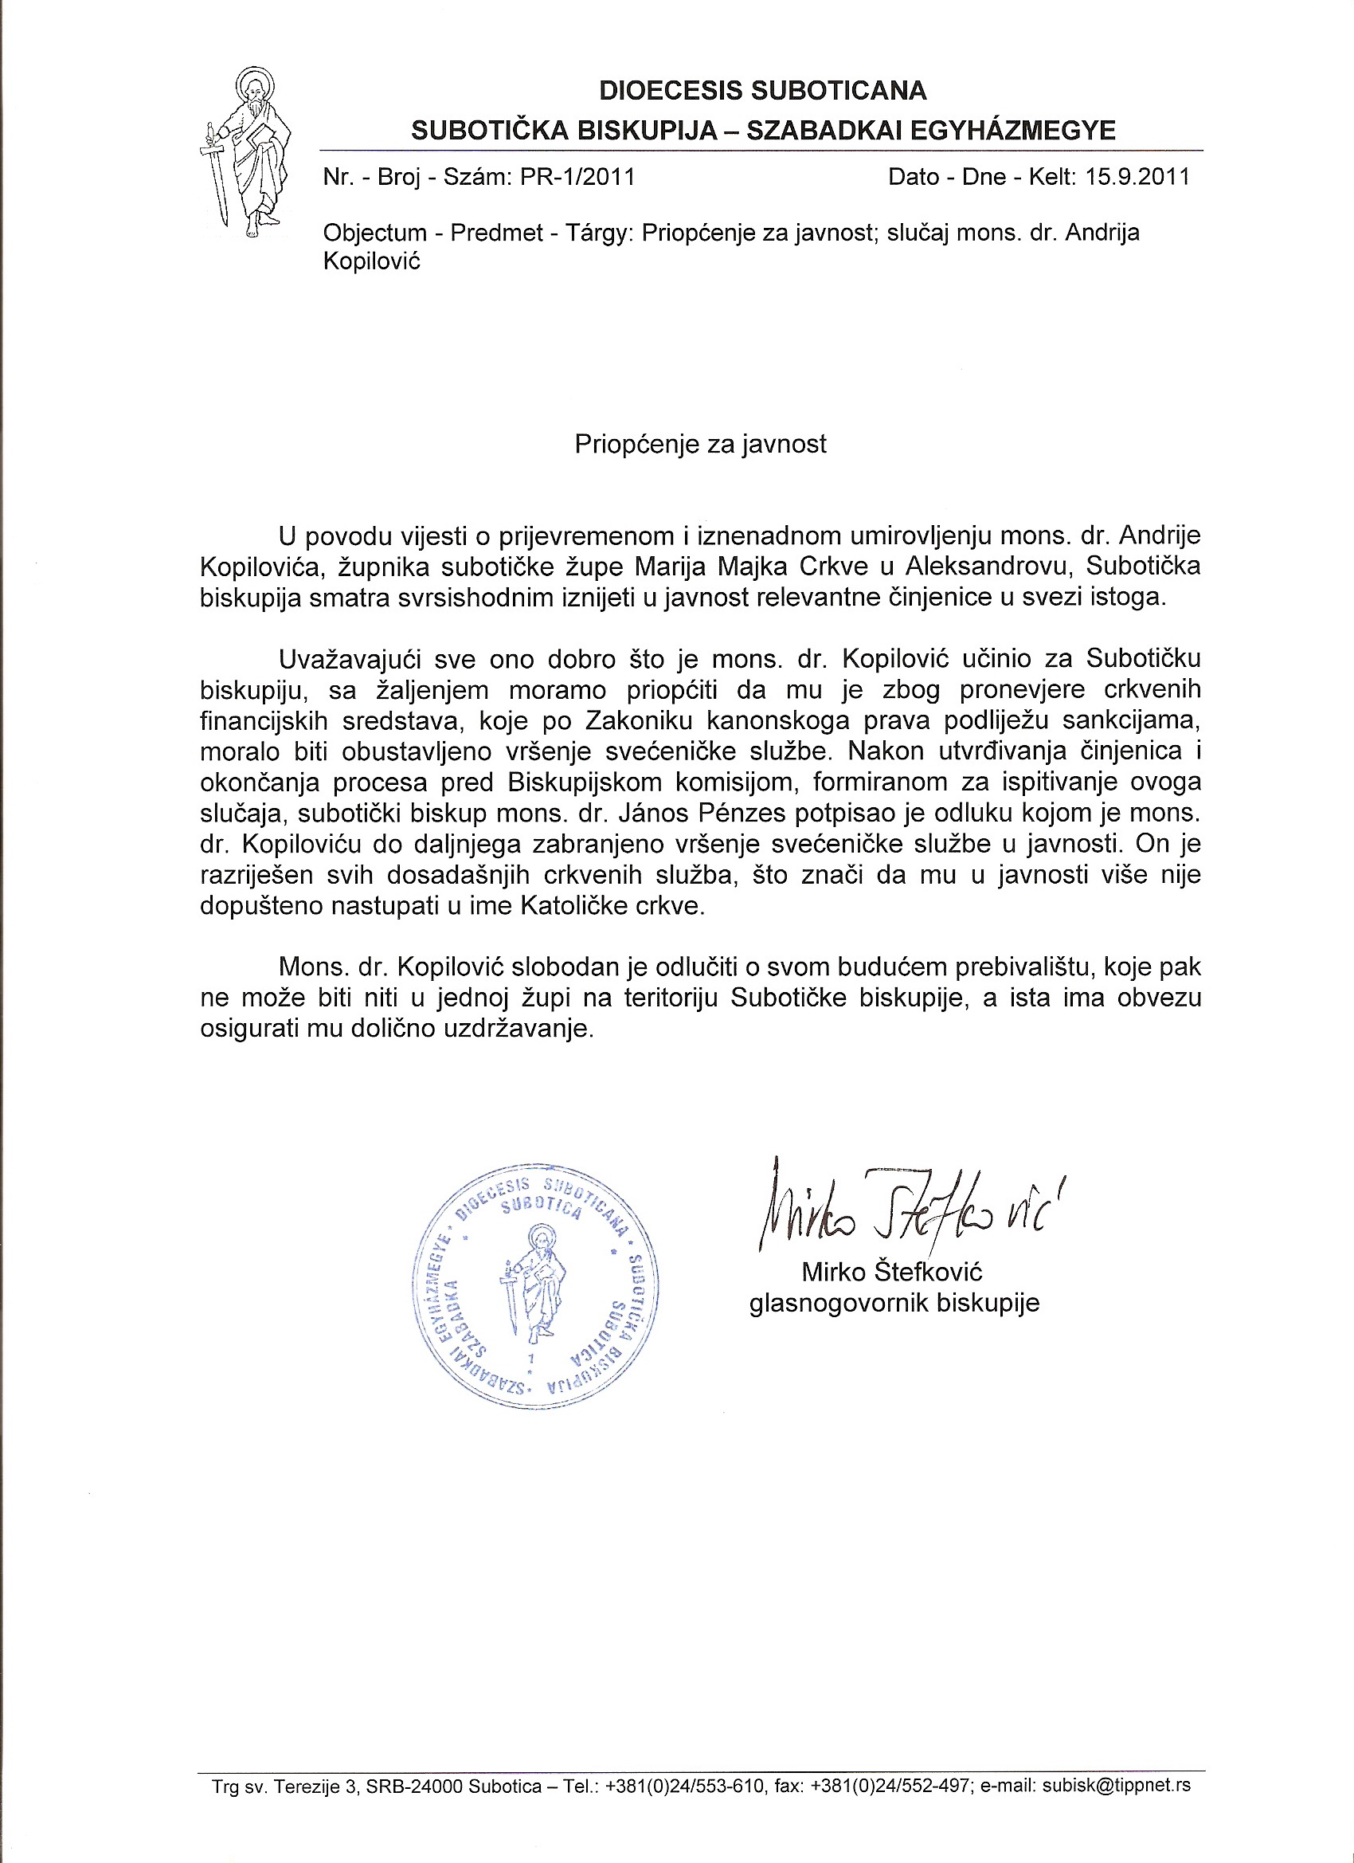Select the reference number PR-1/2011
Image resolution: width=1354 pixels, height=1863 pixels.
pyautogui.click(x=577, y=178)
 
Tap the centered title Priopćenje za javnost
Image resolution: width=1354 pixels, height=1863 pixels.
pyautogui.click(x=700, y=445)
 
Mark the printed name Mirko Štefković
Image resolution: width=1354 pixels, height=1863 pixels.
pyautogui.click(x=893, y=1273)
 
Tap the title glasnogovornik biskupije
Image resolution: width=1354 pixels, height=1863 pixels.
pyautogui.click(x=894, y=1304)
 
